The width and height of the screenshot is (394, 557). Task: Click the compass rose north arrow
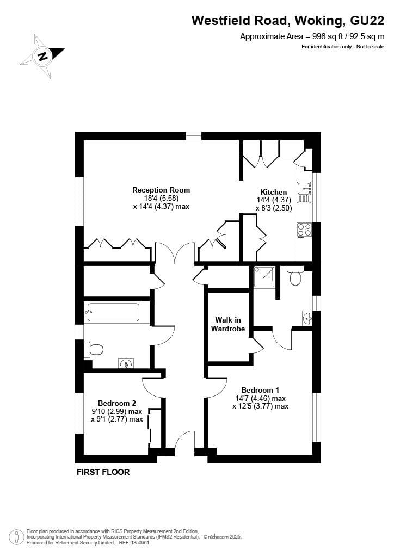point(42,55)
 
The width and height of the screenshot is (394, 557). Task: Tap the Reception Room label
point(161,190)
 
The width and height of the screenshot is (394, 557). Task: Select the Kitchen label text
point(273,192)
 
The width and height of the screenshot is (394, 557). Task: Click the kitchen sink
point(303,189)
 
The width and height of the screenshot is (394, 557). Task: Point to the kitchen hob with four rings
point(304,230)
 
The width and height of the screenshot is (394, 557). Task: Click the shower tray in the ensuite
point(264,277)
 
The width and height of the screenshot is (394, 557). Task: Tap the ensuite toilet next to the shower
point(295,277)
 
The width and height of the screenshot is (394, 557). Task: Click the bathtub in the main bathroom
point(113,312)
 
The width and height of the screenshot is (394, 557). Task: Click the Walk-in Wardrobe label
point(228,324)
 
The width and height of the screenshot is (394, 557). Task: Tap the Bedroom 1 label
point(260,390)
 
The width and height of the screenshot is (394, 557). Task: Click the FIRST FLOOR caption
point(103,472)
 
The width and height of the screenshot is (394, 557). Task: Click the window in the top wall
point(193,136)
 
